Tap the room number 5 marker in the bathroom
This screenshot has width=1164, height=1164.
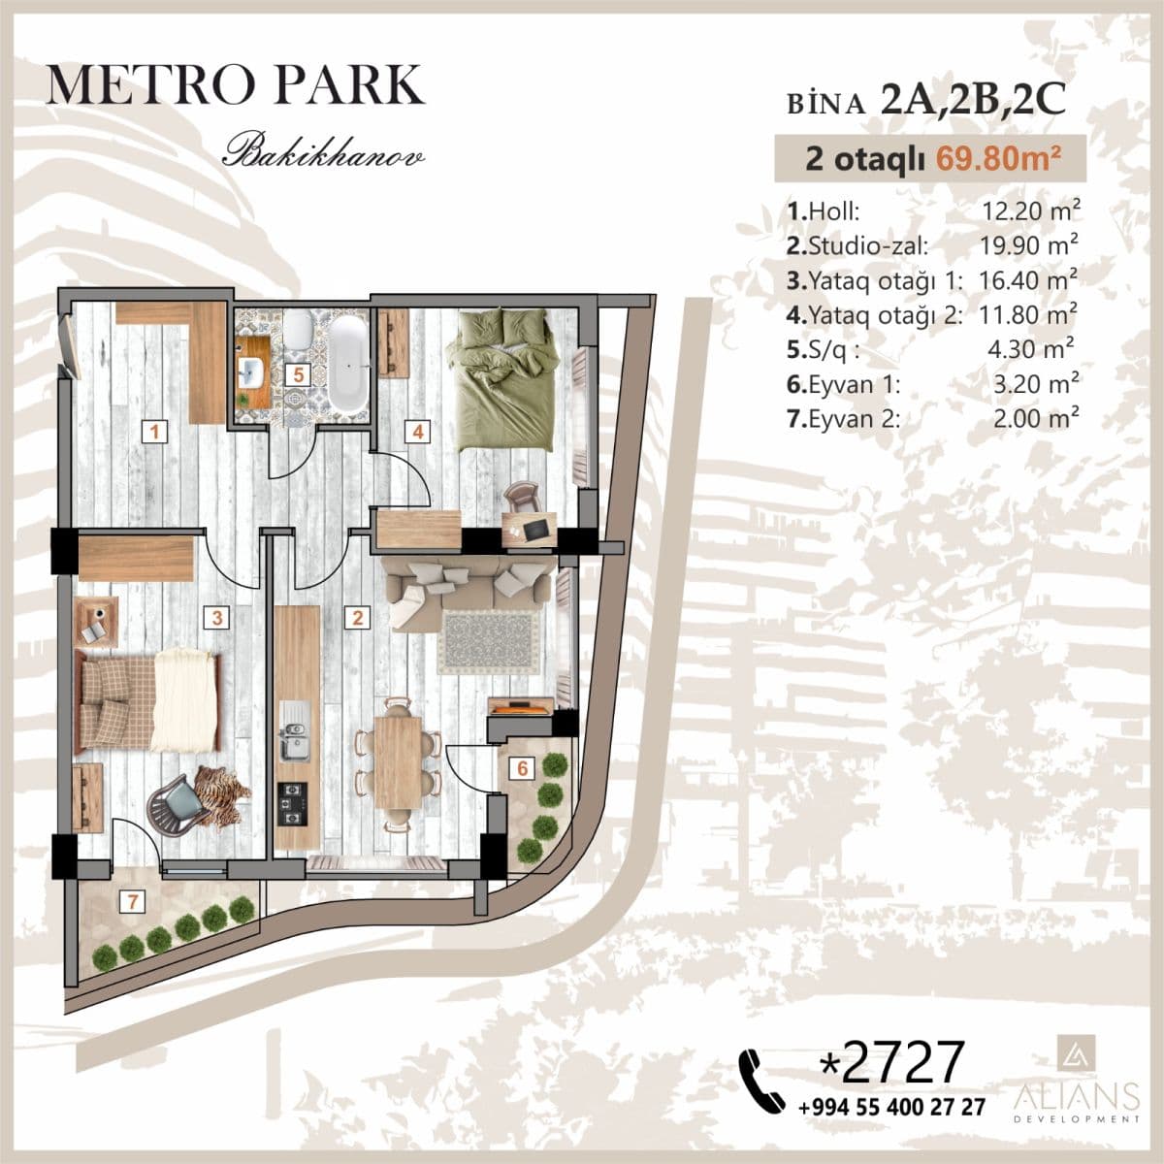[300, 372]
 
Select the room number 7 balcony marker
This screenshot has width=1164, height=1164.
[131, 901]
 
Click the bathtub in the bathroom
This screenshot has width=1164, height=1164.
[347, 364]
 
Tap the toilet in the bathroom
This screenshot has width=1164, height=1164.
[298, 330]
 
